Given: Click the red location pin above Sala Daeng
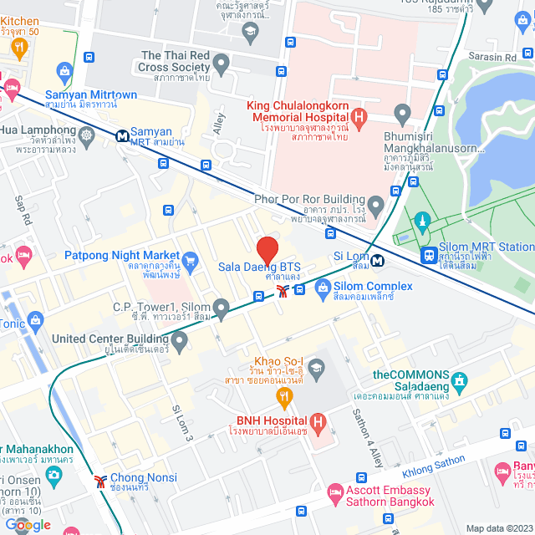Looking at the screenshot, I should tap(267, 250).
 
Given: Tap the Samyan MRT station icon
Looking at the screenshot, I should tap(122, 133).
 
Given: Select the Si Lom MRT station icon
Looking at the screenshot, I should tap(378, 260).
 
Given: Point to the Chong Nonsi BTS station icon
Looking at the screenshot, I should tap(100, 481).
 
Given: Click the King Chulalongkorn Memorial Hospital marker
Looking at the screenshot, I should tap(358, 117).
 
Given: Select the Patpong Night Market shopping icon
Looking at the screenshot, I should tap(190, 260).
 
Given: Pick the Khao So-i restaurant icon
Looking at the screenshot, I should tap(283, 395).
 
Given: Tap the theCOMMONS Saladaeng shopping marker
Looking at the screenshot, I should tap(459, 383).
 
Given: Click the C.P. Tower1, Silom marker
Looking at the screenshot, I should tap(221, 310).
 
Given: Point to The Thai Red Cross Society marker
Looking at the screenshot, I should tap(221, 63).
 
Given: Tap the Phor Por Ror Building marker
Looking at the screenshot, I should tap(375, 204).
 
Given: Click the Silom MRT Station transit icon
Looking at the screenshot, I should tap(430, 254).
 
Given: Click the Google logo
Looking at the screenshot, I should tap(28, 524).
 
